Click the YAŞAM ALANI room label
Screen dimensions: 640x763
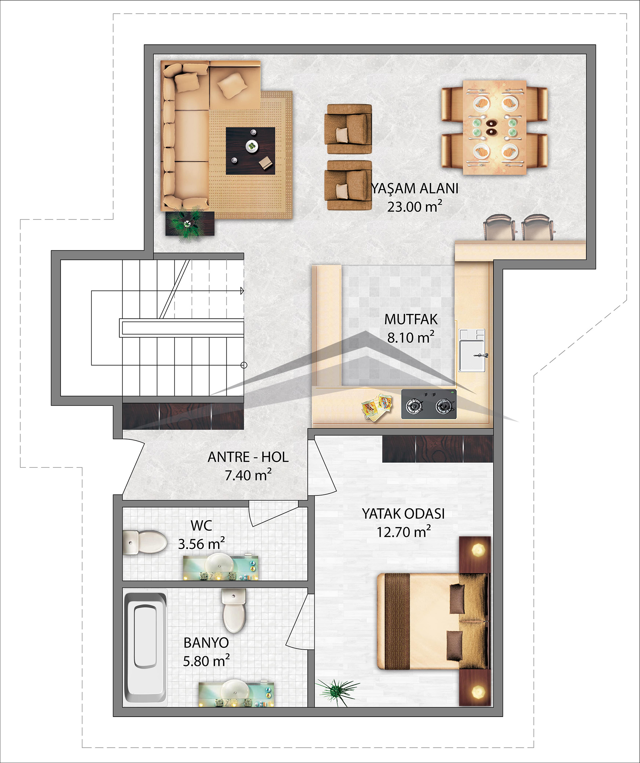[415, 188]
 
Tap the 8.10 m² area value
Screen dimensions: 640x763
[411, 338]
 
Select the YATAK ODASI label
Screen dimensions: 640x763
[403, 514]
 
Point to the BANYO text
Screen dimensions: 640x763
[206, 643]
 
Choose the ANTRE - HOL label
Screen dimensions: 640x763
[248, 457]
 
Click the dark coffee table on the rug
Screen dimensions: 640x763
[250, 151]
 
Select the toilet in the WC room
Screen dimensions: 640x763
[144, 542]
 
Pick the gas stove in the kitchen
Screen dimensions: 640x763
[429, 404]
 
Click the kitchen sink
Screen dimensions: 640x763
[472, 350]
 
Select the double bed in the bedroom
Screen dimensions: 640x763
[432, 621]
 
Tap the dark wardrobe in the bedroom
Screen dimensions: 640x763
[437, 449]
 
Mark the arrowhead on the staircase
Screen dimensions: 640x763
[242, 291]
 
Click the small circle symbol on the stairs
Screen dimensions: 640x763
[244, 365]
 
